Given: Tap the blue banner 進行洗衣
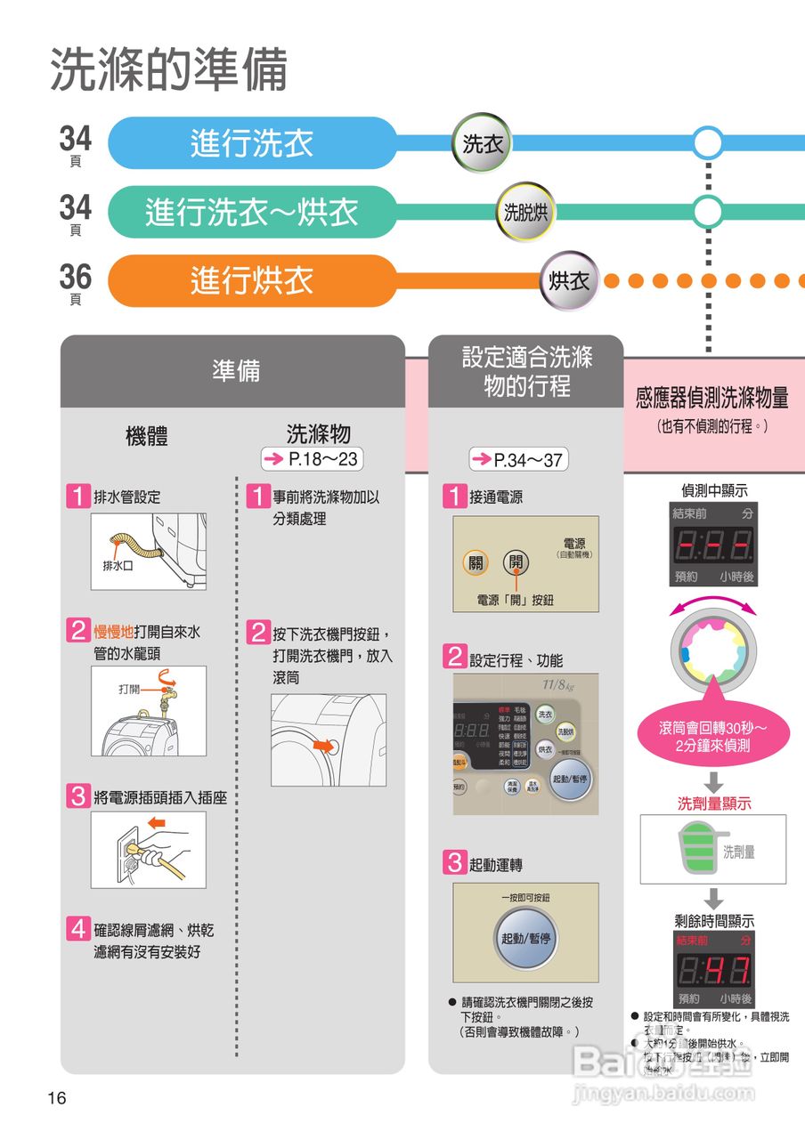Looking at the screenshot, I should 252,143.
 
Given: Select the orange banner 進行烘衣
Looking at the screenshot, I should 252,281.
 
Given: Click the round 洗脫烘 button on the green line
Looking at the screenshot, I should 526,212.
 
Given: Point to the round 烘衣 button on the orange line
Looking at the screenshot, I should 570,281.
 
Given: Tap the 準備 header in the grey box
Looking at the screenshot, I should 236,371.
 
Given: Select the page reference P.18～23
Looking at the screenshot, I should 313,459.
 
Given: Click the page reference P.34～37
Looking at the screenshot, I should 518,460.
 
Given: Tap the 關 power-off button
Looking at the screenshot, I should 476,562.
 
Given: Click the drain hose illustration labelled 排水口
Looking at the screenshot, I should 149,551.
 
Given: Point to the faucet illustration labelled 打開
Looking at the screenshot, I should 149,711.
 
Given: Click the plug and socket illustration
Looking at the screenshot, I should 149,850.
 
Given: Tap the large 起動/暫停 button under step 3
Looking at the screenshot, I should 525,939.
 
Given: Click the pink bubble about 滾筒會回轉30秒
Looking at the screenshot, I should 711,738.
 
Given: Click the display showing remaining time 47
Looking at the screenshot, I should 714,970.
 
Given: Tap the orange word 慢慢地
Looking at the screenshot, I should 114,633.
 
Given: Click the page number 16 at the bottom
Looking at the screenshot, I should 57,1098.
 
